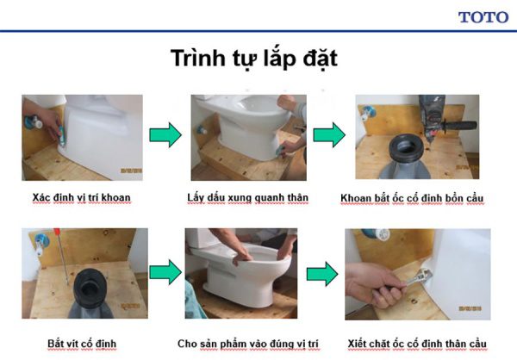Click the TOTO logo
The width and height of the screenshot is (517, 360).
pyautogui.click(x=483, y=16)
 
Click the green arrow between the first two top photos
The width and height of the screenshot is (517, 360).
pyautogui.click(x=165, y=134)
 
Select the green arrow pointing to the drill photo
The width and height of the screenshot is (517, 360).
pyautogui.click(x=328, y=135)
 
